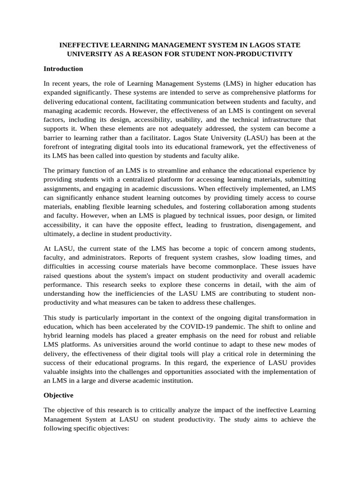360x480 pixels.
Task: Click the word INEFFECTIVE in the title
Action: coord(82,45)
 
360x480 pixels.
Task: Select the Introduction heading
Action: coord(63,69)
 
